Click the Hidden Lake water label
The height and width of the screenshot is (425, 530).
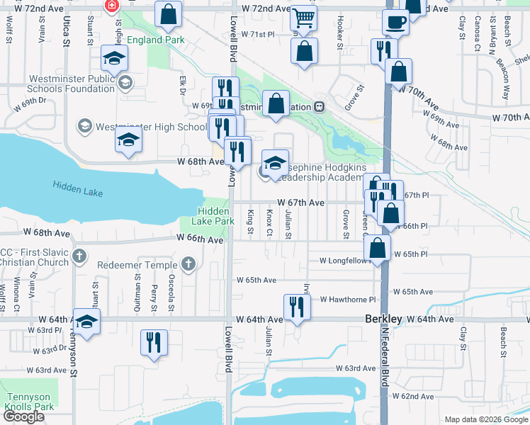click(x=77, y=186)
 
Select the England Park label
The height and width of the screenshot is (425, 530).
click(x=156, y=40)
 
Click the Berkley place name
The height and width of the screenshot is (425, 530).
click(x=383, y=319)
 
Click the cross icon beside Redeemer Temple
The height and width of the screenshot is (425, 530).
click(x=188, y=265)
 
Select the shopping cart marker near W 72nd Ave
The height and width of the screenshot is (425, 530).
click(x=303, y=18)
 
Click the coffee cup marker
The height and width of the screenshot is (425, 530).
click(x=396, y=22)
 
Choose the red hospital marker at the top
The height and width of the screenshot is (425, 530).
click(x=112, y=6)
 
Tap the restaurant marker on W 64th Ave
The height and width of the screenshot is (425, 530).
click(x=295, y=307)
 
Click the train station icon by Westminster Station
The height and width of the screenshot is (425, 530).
click(x=320, y=107)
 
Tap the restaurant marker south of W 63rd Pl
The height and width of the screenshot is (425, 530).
click(x=153, y=343)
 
